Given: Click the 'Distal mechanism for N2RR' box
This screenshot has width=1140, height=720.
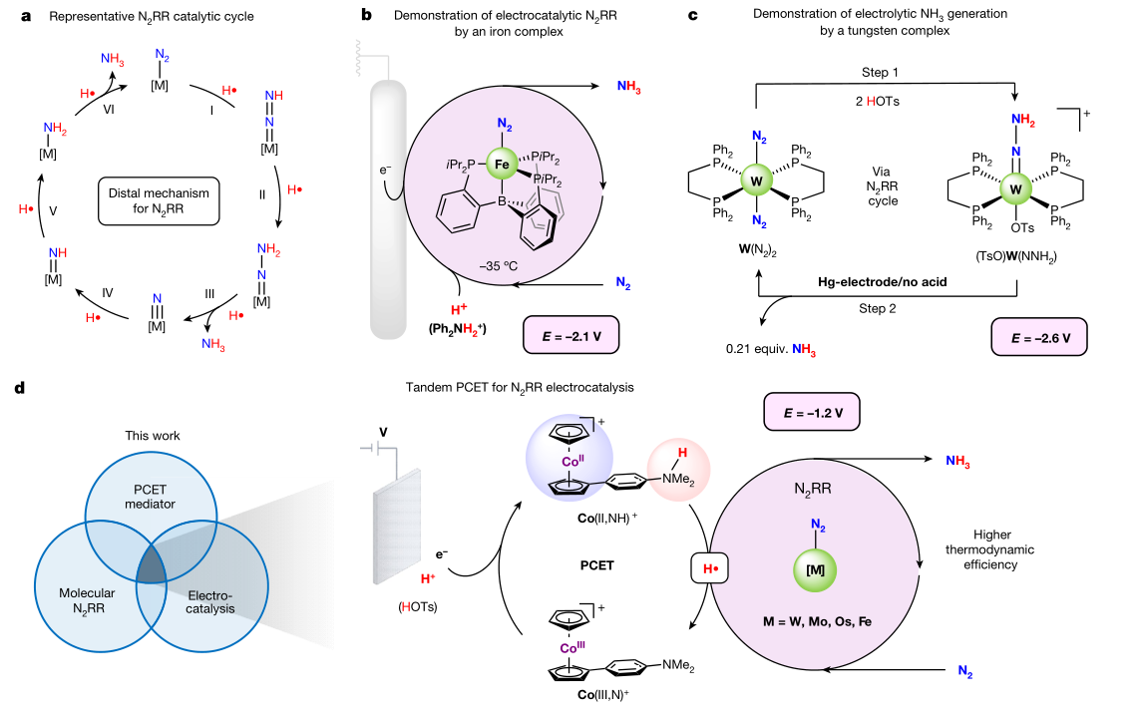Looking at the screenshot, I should [156, 192].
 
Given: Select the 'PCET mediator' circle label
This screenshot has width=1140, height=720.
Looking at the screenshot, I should [150, 496].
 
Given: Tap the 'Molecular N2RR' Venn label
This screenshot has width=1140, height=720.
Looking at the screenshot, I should [84, 601].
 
